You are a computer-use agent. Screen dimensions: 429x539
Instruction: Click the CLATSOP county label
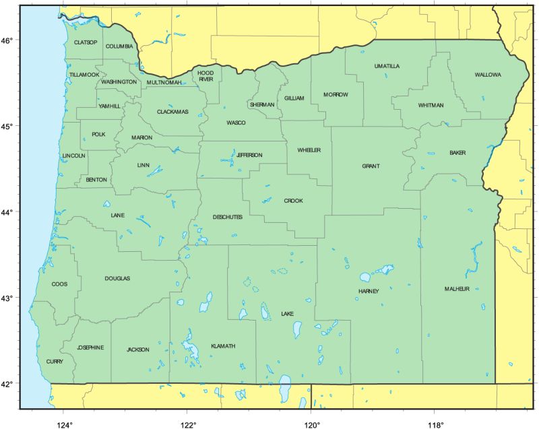click(x=86, y=42)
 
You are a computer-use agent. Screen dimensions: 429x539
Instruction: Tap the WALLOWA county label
click(x=488, y=75)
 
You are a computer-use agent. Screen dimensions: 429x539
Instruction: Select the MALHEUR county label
click(x=456, y=289)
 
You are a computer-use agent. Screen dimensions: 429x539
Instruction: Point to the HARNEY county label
click(x=369, y=292)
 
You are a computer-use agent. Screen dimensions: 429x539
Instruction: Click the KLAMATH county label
click(x=223, y=346)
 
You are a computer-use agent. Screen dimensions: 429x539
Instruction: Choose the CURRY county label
click(x=55, y=362)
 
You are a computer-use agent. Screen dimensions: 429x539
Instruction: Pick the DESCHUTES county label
click(x=227, y=217)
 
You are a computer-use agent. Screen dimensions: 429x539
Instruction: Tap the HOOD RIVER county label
click(x=205, y=75)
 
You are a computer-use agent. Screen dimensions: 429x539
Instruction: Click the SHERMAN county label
click(x=262, y=105)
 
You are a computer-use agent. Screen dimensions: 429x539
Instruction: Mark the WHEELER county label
click(x=309, y=150)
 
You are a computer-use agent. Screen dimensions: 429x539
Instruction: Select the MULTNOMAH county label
click(x=164, y=83)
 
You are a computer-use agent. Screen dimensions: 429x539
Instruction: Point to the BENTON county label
click(x=96, y=180)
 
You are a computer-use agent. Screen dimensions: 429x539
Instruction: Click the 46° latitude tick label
click(x=7, y=40)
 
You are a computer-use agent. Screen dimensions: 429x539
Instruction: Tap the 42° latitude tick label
click(x=7, y=384)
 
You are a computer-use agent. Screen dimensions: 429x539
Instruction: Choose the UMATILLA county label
click(x=387, y=66)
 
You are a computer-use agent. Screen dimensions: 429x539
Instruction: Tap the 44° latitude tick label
click(x=7, y=212)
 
